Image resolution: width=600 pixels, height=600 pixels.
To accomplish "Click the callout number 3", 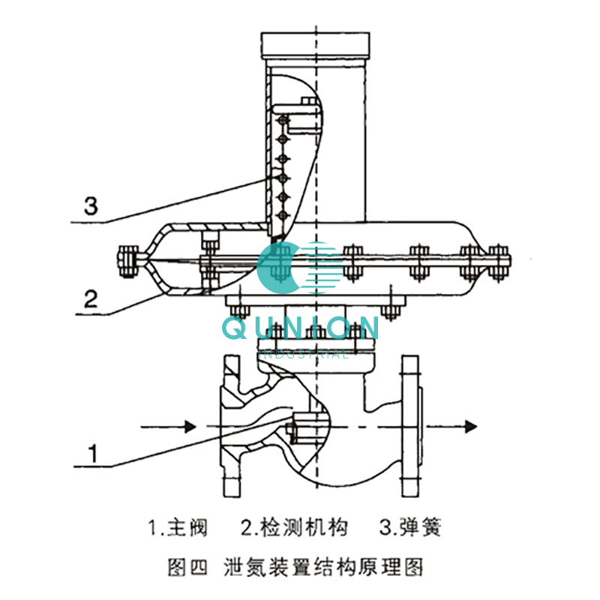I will (90, 206).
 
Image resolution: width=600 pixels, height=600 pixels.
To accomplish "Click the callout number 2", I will (90, 300).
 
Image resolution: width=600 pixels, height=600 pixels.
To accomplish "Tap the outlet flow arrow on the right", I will (458, 427).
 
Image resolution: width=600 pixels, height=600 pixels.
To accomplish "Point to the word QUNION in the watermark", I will (300, 328).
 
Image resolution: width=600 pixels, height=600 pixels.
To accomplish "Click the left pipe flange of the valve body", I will (225, 427).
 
